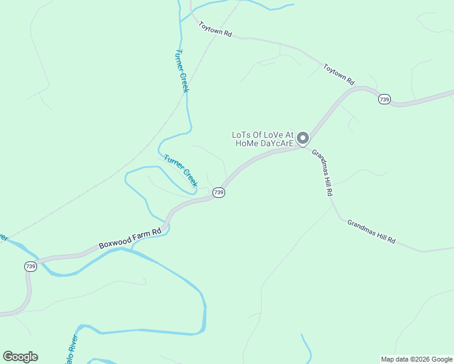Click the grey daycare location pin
pyautogui.click(x=303, y=138)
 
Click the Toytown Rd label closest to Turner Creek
pyautogui.click(x=215, y=30)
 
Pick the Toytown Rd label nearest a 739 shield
pyautogui.click(x=339, y=74)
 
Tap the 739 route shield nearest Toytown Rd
pyautogui.click(x=384, y=99)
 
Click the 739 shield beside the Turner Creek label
pyautogui.click(x=219, y=192)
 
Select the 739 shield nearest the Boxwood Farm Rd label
pyautogui.click(x=30, y=266)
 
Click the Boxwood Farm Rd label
pyautogui.click(x=130, y=239)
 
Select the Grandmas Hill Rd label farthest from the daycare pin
pyautogui.click(x=371, y=232)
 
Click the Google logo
pyautogui.click(x=20, y=357)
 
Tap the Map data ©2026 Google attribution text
pyautogui.click(x=416, y=359)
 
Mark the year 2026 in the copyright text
pyautogui.click(x=422, y=359)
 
